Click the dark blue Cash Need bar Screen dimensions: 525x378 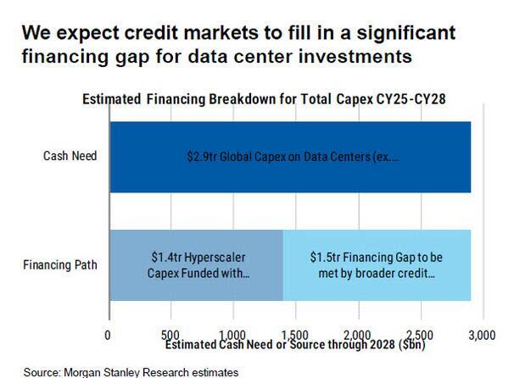click(x=290, y=157)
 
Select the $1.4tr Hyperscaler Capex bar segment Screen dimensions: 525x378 click(x=197, y=265)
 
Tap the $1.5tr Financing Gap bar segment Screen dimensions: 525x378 click(x=377, y=265)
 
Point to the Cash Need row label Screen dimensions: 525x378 click(x=70, y=156)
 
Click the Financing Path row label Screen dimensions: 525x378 click(x=60, y=265)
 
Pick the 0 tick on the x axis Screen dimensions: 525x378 click(x=108, y=335)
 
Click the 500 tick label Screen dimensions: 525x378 click(x=170, y=335)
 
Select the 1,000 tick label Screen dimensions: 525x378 click(x=232, y=335)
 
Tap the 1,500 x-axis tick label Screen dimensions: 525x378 click(x=294, y=335)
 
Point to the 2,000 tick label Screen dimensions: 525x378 click(x=357, y=335)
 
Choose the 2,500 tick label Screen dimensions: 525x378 click(x=420, y=335)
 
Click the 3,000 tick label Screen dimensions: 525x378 click(x=482, y=335)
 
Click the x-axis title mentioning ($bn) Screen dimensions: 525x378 click(x=295, y=345)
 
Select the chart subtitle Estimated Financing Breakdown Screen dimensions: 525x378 click(x=264, y=99)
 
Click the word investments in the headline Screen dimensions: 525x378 click(x=355, y=56)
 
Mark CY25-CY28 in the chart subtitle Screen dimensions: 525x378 click(x=411, y=99)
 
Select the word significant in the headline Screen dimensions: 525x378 click(x=405, y=33)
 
